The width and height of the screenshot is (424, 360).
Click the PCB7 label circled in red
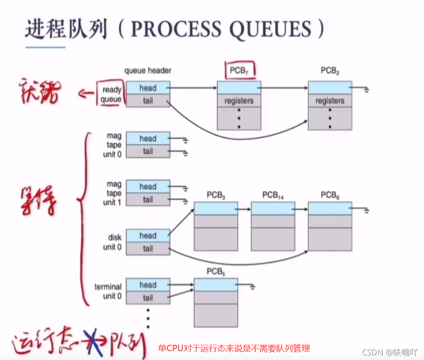point(239,70)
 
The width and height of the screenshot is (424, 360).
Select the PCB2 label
point(330,70)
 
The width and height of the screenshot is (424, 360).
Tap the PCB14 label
point(273,195)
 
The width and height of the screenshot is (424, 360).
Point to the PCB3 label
point(216,195)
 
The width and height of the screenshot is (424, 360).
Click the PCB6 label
point(330,195)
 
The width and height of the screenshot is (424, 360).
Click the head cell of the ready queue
point(148,88)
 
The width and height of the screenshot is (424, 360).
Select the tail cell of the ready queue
point(148,100)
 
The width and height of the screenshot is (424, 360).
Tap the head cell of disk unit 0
point(148,236)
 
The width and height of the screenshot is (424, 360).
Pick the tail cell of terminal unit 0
point(148,298)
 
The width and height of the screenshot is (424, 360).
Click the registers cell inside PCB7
point(239,101)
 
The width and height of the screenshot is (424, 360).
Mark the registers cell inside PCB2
point(330,101)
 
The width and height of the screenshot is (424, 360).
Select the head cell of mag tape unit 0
point(148,139)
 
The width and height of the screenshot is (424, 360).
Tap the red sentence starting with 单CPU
point(234,348)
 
